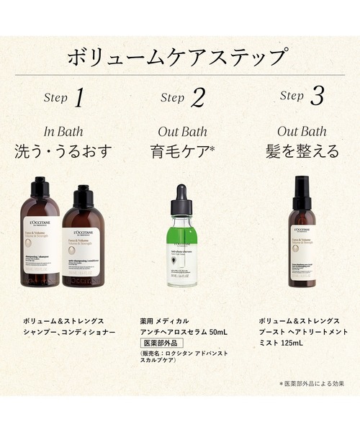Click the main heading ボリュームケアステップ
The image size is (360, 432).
click(179, 58)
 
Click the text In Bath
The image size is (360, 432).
click(63, 132)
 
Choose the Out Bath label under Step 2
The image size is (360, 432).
click(182, 132)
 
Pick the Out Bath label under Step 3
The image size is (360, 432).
click(302, 132)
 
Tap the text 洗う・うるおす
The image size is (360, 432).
click(63, 153)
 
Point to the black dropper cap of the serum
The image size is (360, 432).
click(182, 198)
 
